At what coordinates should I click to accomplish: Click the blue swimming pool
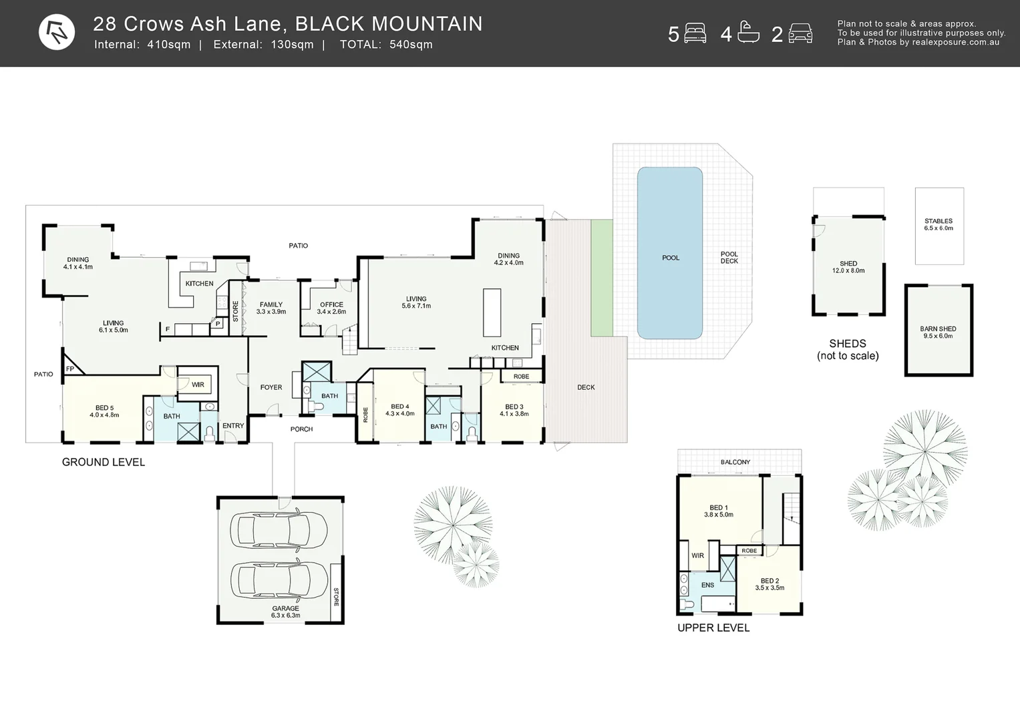point(669,254)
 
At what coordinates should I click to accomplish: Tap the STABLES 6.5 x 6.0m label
point(939,224)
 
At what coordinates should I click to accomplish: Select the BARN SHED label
point(938,329)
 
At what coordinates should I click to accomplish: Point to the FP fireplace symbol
point(70,369)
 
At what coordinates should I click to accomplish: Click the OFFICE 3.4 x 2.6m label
point(331,308)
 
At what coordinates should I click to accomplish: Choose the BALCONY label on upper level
point(735,462)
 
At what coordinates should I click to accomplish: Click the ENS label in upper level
point(707,585)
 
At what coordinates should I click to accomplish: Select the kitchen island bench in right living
point(492,312)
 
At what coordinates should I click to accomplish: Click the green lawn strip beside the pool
point(602,278)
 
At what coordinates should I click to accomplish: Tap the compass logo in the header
point(57,32)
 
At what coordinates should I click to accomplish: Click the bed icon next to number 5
point(695,33)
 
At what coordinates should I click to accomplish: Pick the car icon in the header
point(800,33)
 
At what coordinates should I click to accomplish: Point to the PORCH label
point(301,429)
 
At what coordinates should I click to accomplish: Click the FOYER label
point(271,387)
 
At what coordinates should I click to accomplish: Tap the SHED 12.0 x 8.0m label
point(848,267)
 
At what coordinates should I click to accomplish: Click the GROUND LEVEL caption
point(104,462)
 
